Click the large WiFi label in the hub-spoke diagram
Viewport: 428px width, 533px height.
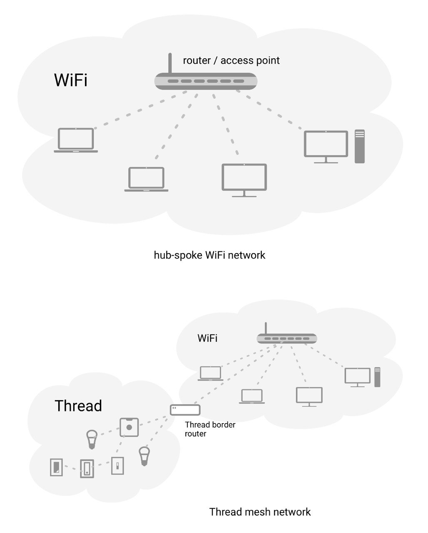71,80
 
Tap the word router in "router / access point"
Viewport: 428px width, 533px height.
197,60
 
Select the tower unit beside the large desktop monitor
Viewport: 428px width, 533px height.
359,146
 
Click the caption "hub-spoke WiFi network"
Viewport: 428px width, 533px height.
209,255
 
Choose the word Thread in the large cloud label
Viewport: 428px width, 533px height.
78,406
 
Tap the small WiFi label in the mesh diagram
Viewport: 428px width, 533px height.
207,338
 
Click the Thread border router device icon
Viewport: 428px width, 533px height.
185,410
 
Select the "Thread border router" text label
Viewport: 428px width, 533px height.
210,429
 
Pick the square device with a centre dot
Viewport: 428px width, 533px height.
129,427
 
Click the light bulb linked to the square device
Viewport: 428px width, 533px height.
92,439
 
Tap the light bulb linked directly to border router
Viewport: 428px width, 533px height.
144,456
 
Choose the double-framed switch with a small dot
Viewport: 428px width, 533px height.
87,468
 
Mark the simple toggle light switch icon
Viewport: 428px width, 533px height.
117,465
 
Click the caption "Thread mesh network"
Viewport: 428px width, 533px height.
260,512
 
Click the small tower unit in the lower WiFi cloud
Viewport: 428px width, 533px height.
377,377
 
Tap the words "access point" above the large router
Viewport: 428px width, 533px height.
250,60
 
